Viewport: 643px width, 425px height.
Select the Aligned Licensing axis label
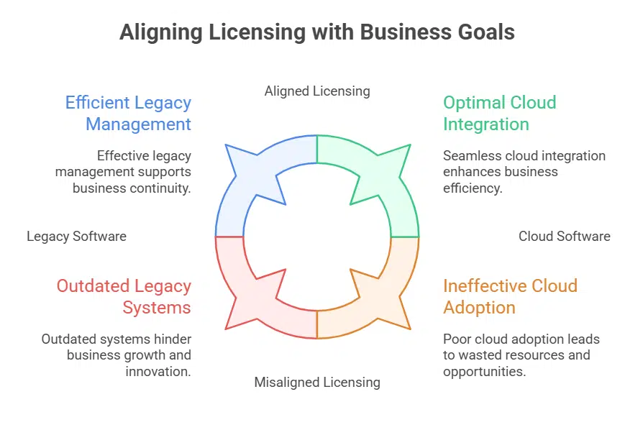[317, 91]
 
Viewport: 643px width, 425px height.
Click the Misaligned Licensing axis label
[317, 382]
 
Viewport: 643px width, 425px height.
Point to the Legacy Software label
[76, 236]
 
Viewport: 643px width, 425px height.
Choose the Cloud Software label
[565, 236]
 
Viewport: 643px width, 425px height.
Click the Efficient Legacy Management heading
[129, 113]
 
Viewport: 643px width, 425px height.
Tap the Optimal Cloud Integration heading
[499, 113]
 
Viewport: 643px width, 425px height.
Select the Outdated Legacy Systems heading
[124, 296]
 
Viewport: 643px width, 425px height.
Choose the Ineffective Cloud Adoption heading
[510, 296]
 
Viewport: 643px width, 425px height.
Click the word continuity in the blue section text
[165, 188]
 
